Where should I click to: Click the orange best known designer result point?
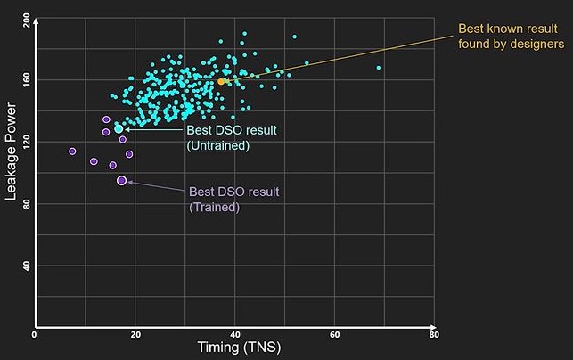point(222,81)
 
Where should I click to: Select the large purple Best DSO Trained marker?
point(122,181)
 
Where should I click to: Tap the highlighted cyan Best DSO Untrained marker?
point(119,129)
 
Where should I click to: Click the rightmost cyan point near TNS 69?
point(379,68)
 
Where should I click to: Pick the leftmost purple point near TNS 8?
point(72,151)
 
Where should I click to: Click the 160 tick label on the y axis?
point(25,80)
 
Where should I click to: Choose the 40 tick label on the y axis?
point(25,265)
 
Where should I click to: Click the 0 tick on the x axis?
point(34,335)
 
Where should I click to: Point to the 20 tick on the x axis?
point(135,335)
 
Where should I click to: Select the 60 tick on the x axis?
point(335,335)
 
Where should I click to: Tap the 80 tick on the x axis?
point(434,335)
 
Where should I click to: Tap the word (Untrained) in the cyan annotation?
point(217,145)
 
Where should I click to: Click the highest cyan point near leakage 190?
point(244,34)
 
